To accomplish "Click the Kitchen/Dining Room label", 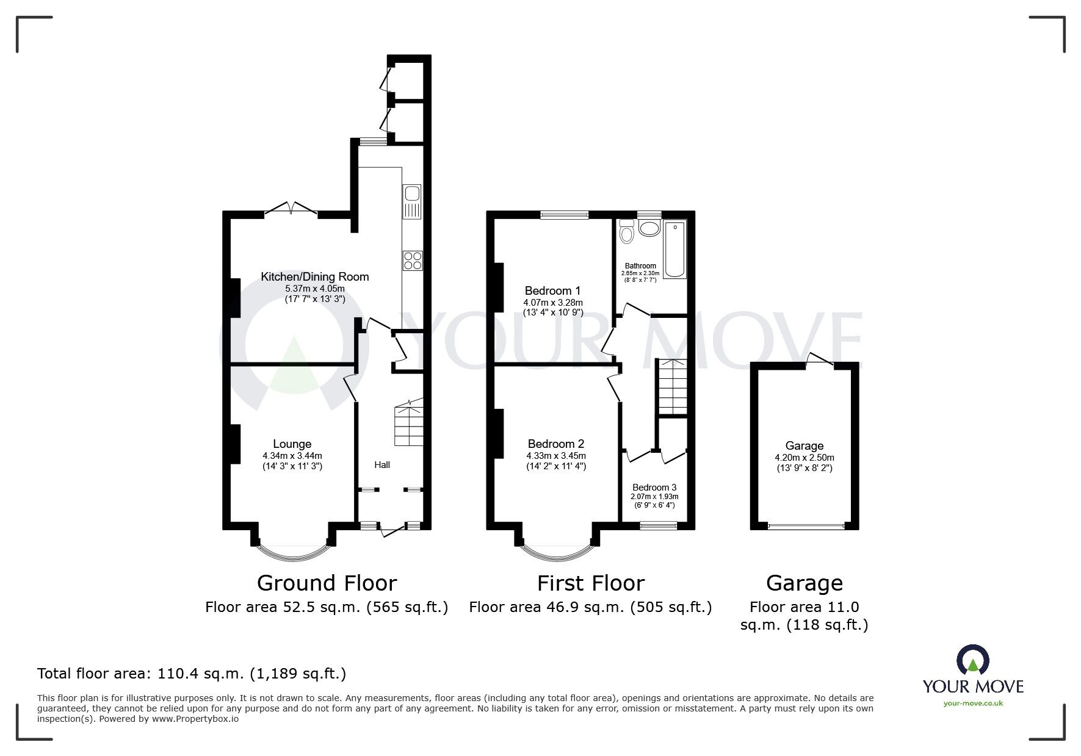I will click(x=315, y=276).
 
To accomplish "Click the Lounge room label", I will click(x=292, y=444).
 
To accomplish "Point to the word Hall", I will click(x=382, y=465).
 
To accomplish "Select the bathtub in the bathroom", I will click(x=675, y=250).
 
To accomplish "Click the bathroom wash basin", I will click(x=649, y=229).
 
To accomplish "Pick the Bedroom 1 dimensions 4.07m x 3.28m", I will click(x=553, y=303).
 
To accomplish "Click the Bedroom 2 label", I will click(x=556, y=444).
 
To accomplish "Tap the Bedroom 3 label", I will click(x=654, y=487).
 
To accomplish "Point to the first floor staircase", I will click(x=671, y=386).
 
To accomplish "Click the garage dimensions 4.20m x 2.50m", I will click(x=804, y=458).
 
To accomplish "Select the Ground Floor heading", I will click(x=327, y=583).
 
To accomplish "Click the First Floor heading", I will click(x=590, y=583).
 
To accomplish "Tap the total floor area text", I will click(x=192, y=674).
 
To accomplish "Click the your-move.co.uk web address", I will click(x=973, y=703).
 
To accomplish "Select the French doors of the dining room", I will click(x=291, y=209).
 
